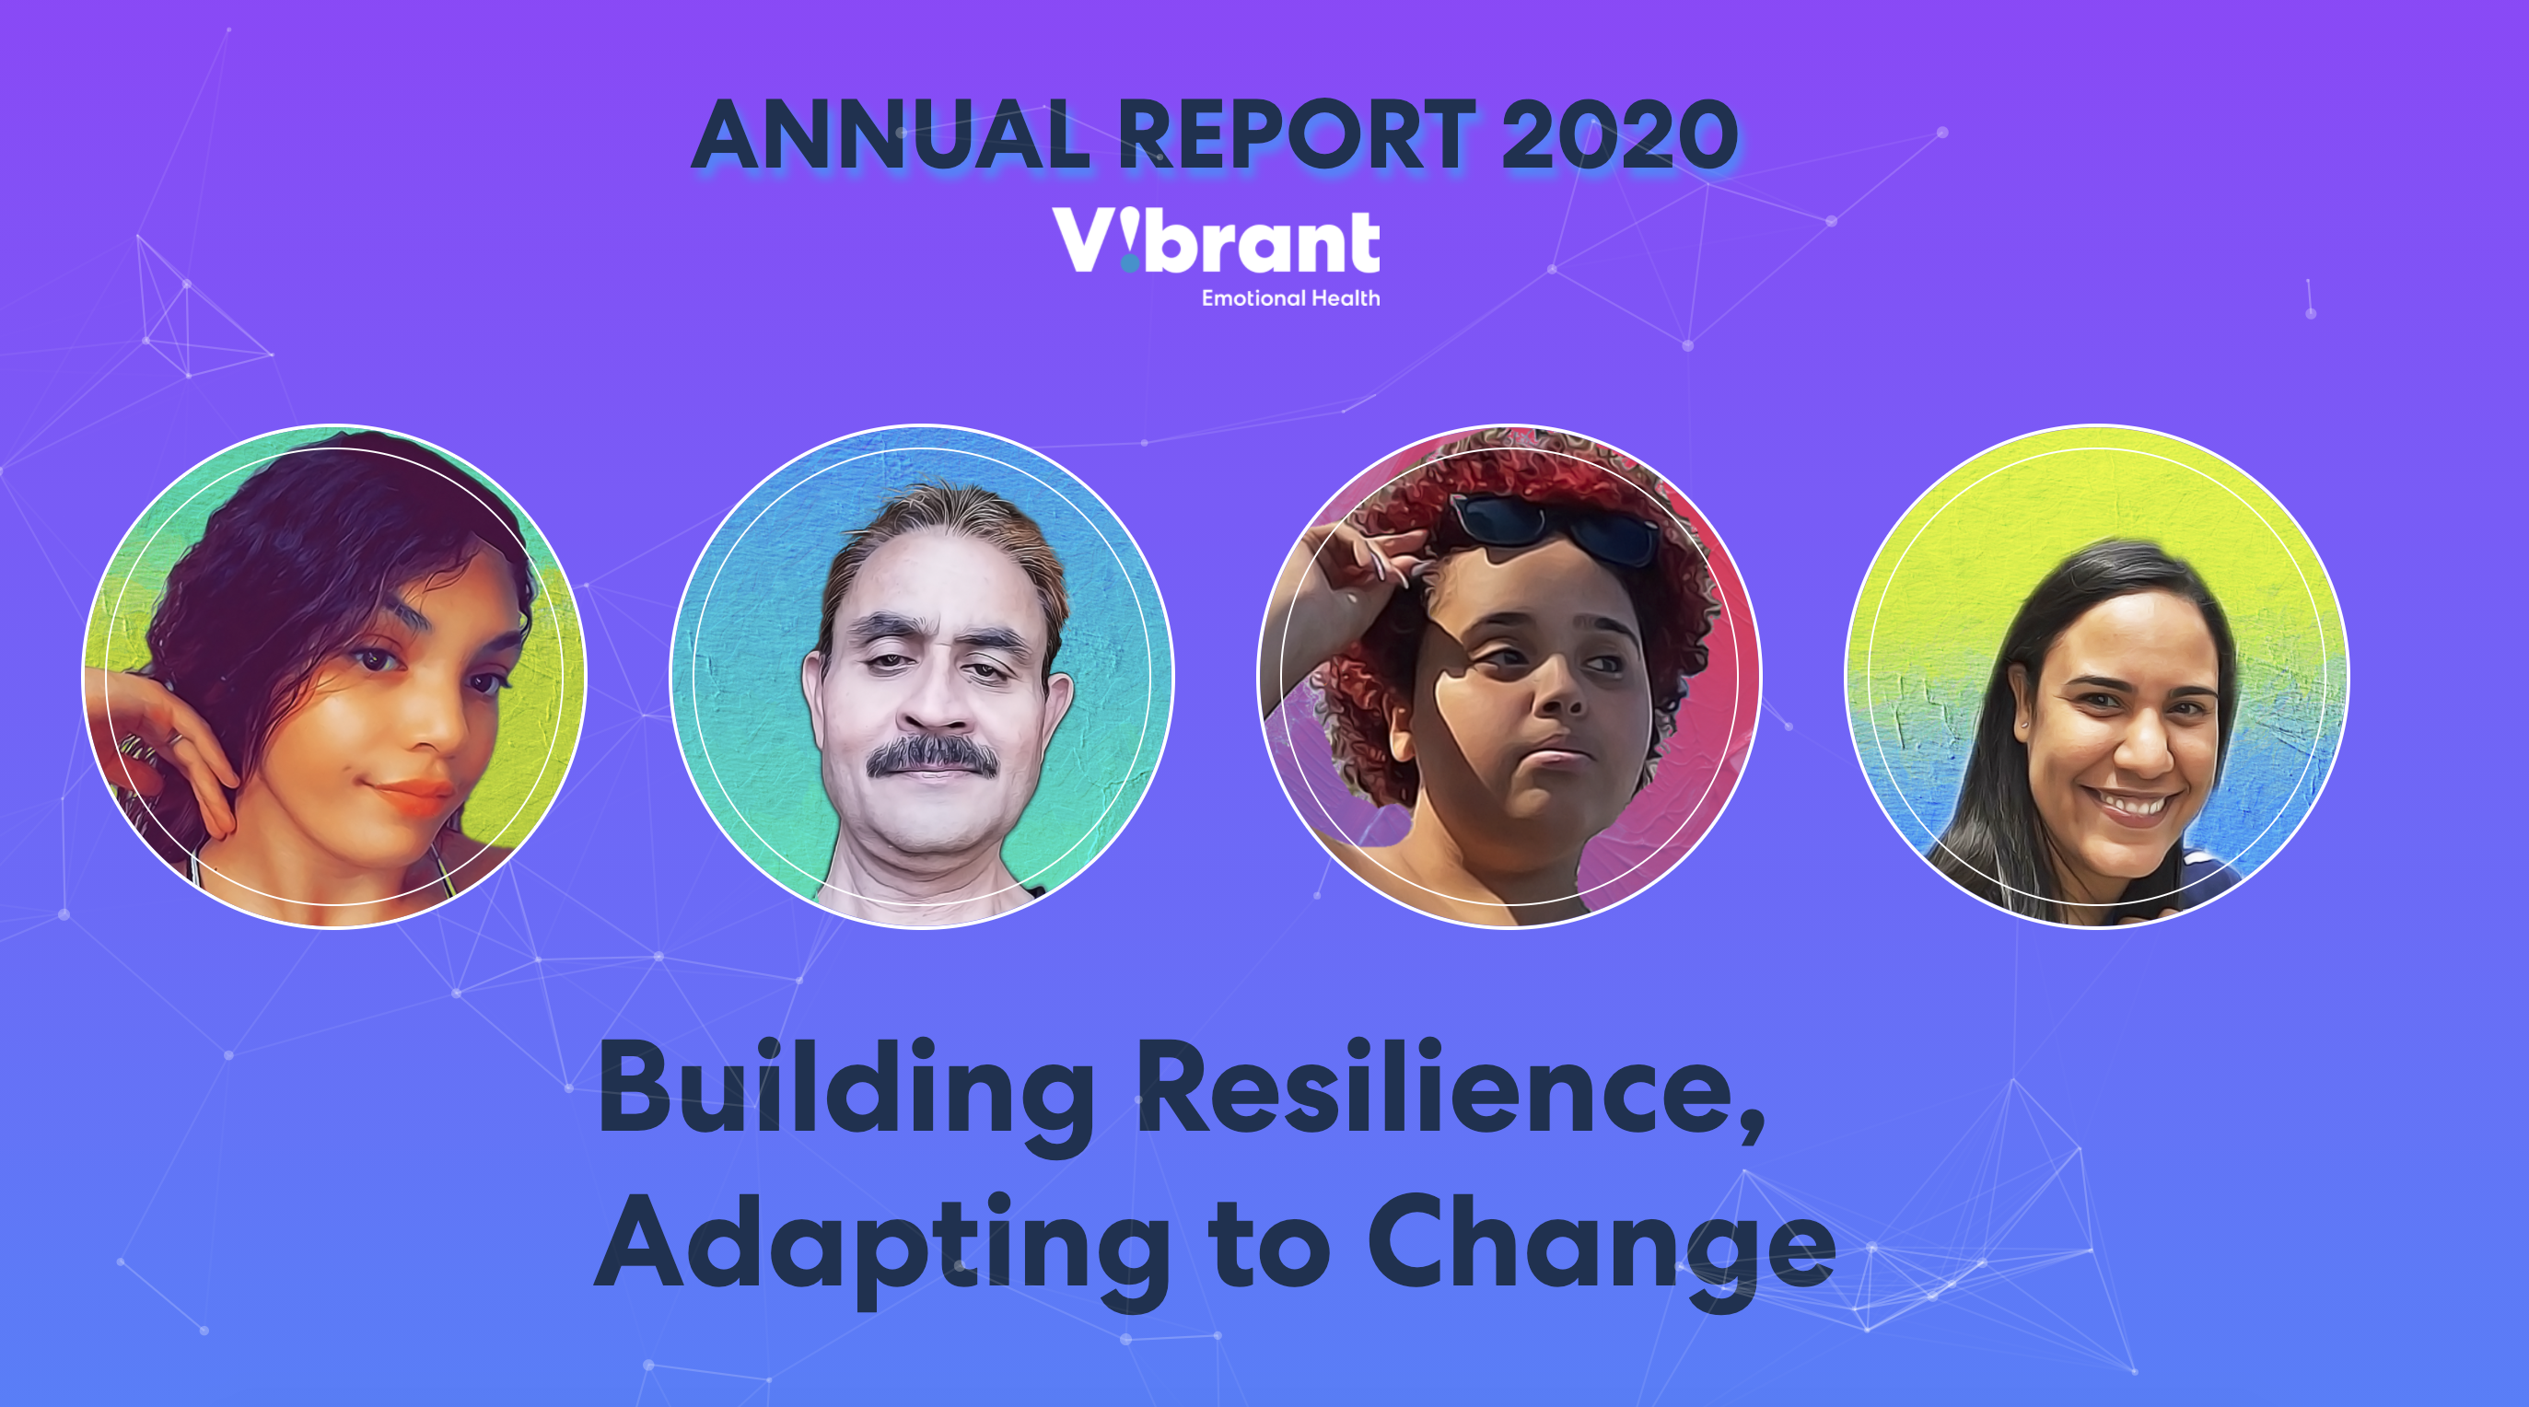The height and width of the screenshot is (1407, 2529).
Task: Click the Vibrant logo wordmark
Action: click(x=1217, y=240)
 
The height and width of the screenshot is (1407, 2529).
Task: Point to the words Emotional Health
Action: click(x=1291, y=297)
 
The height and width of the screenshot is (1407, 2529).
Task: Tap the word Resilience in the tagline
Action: click(x=1438, y=1087)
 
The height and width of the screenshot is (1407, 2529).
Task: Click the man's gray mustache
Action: click(x=932, y=756)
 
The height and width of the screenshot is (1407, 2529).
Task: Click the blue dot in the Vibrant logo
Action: click(x=1130, y=263)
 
